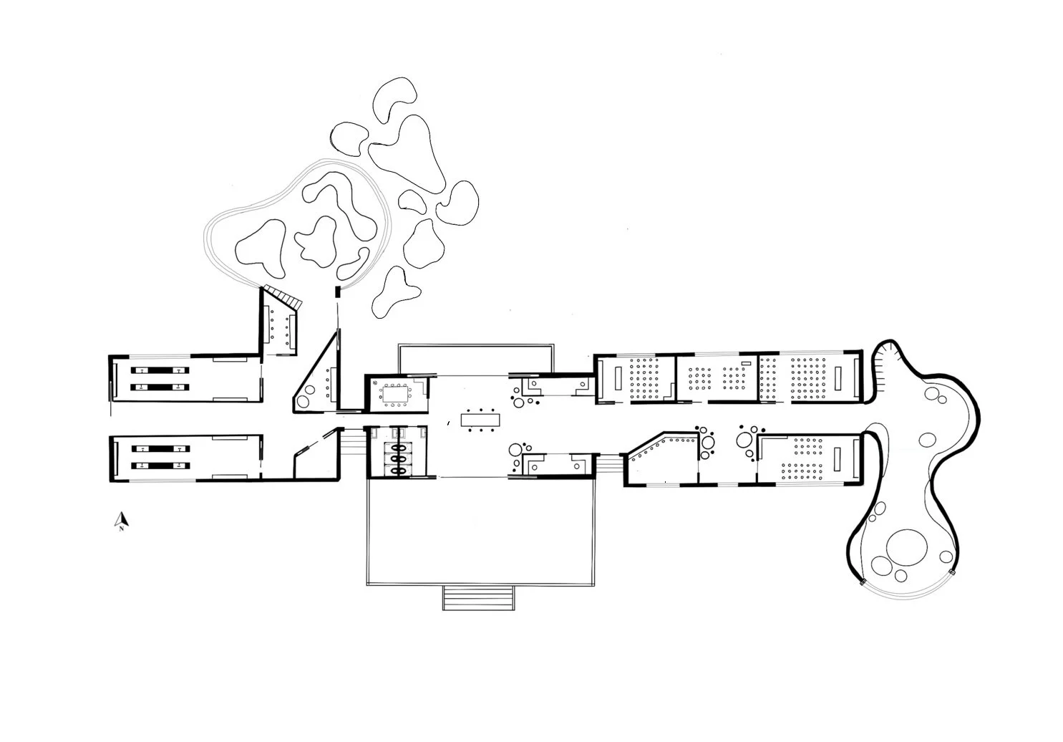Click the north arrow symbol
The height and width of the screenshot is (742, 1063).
122,522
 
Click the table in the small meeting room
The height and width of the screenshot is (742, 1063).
394,393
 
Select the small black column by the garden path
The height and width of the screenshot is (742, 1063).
337,291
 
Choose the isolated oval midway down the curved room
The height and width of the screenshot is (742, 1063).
929,438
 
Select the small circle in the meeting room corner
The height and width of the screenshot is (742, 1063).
374,383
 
